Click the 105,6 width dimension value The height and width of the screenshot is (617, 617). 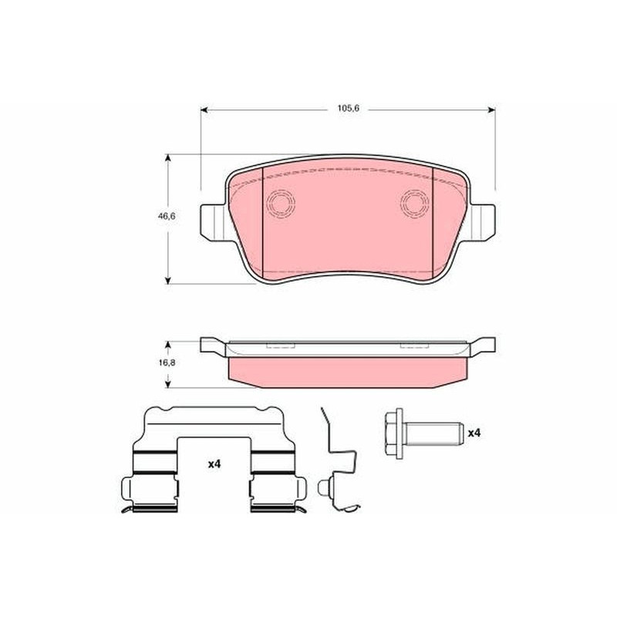coord(349,108)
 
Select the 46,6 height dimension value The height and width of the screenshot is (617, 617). coord(167,216)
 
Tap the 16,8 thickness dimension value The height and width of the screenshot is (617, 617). coord(167,362)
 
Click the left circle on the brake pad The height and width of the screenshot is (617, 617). coord(281,204)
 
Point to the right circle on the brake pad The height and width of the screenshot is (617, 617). coord(415,204)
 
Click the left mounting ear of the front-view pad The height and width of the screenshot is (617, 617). coord(214,222)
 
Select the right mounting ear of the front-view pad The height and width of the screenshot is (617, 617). coord(483,222)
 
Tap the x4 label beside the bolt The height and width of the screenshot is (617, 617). coord(474,433)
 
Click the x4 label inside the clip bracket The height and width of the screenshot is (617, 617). coord(214,464)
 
